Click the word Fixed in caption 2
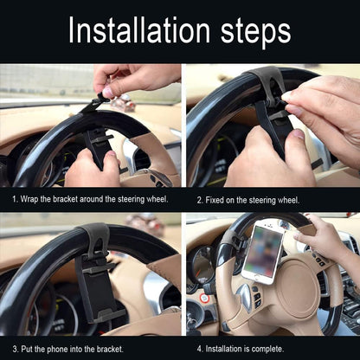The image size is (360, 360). (x=218, y=199)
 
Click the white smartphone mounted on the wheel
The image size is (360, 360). (x=263, y=251)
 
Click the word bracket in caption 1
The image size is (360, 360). (x=76, y=199)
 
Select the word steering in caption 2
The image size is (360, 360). (x=273, y=199)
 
